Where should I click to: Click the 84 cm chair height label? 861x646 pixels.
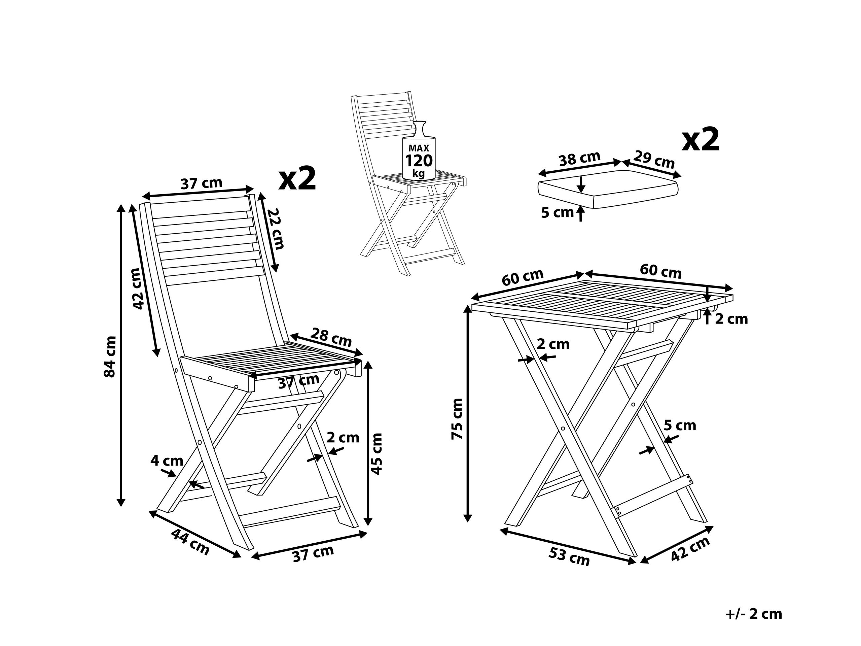110,356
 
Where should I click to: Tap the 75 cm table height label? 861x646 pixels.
457,419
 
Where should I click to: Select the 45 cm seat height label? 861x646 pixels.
376,454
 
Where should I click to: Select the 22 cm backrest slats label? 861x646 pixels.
276,228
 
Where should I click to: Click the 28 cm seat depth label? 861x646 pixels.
331,337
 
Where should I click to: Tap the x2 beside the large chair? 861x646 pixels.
297,179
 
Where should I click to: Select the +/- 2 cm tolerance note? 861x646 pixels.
754,614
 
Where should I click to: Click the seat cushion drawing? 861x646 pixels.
608,189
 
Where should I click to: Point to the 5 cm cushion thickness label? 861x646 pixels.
558,213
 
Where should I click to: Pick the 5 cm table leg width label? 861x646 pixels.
680,425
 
